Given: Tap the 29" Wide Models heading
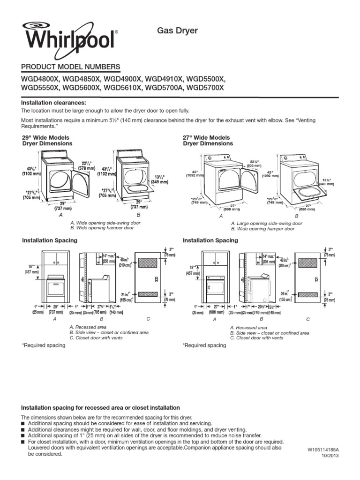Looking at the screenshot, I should coord(46,137).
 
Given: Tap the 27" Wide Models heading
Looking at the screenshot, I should coord(206,137).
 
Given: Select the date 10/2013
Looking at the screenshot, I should coord(330,456).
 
